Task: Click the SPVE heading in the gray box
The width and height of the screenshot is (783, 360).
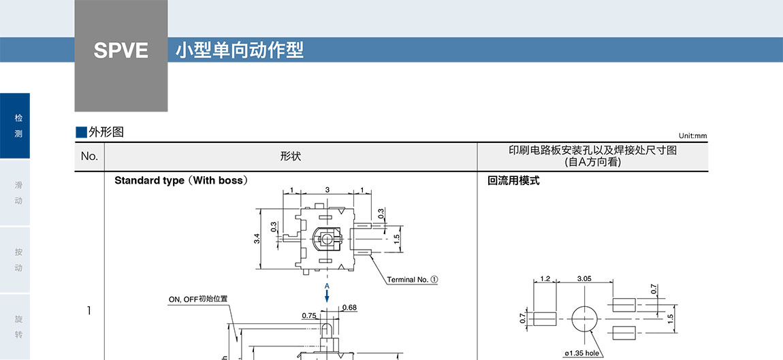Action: (x=121, y=51)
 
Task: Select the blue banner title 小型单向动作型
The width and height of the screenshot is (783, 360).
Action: (x=239, y=50)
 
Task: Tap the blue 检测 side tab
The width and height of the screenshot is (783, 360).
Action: (x=18, y=126)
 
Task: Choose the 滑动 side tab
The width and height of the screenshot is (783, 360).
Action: (x=18, y=193)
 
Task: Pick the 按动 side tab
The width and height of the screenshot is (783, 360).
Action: (x=18, y=259)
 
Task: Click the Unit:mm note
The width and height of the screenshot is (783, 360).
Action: (x=692, y=136)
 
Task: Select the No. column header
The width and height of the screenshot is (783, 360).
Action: (x=89, y=157)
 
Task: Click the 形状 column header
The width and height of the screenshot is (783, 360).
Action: (x=291, y=157)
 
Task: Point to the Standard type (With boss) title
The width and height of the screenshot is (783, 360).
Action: (x=180, y=180)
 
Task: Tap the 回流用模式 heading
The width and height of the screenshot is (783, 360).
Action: (x=514, y=180)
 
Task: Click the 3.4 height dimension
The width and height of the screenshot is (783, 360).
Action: (x=257, y=238)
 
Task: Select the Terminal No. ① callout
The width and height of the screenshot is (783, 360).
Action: (x=413, y=280)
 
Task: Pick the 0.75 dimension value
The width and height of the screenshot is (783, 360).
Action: (x=309, y=316)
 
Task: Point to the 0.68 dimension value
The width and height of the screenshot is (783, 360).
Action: (x=349, y=308)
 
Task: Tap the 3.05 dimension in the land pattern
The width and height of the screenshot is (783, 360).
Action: (x=584, y=279)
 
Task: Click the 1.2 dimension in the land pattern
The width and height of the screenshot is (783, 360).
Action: (x=545, y=279)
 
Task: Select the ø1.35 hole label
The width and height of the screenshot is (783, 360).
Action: (x=582, y=353)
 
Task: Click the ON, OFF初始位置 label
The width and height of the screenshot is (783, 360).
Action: (x=198, y=299)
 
